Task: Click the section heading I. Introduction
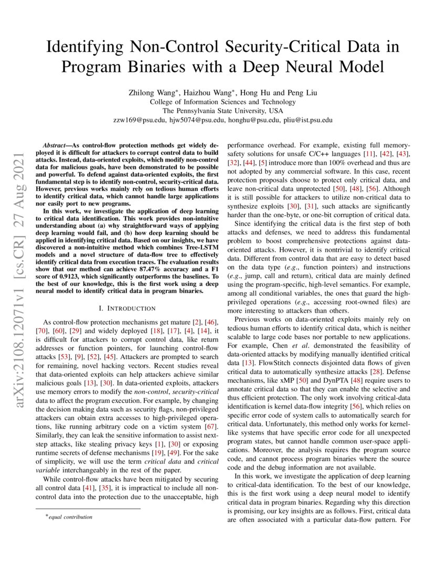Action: pos(126,308)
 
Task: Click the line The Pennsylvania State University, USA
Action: pos(222,111)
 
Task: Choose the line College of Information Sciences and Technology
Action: pos(222,102)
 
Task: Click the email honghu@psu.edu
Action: pos(243,120)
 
